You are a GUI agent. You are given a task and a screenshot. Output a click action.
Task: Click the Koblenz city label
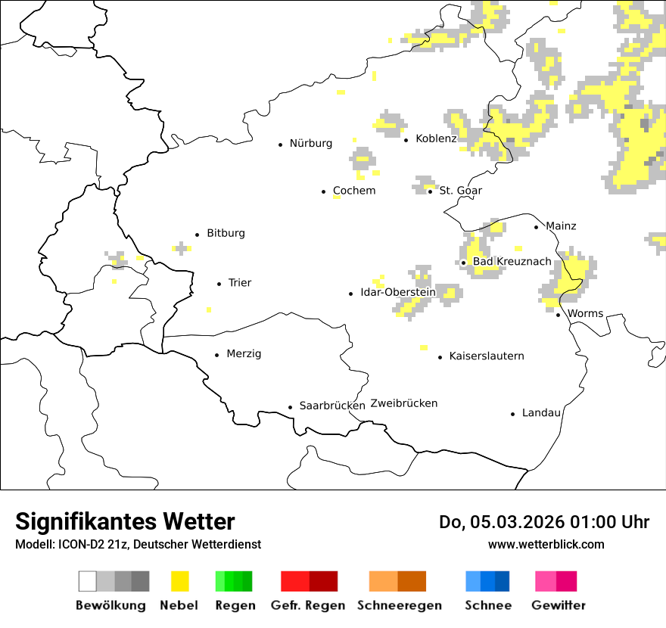[436, 138]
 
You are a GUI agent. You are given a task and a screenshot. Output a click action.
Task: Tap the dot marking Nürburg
[280, 144]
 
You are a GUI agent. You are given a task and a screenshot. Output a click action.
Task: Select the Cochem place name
[353, 191]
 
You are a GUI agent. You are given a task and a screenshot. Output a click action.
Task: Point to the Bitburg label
[226, 233]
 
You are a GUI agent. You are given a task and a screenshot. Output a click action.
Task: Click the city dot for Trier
[219, 284]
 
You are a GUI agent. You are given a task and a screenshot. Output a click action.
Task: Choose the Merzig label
[244, 354]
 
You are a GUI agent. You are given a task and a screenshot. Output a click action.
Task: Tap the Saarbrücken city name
[332, 406]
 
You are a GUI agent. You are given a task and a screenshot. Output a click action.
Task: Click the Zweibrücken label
[404, 403]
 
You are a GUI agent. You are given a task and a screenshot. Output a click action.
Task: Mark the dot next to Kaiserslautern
[440, 357]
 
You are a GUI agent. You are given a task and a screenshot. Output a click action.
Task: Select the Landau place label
[541, 412]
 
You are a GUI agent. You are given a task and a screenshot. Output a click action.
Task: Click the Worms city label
[585, 313]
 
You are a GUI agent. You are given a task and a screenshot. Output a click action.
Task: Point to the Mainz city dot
[537, 227]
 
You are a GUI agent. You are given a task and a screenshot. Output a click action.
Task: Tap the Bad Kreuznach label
[512, 262]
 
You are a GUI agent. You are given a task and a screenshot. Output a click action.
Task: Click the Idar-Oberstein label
[398, 292]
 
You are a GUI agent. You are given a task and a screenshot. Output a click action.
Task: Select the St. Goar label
[460, 191]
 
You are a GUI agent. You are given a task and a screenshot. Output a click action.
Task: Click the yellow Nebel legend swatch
[180, 581]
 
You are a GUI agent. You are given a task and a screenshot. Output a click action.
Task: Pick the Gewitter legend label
[558, 605]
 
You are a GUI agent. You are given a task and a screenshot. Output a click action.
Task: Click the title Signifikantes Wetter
[125, 521]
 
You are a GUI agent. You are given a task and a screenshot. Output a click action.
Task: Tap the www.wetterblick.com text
[546, 544]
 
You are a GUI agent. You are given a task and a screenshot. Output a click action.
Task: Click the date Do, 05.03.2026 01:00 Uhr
[544, 522]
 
